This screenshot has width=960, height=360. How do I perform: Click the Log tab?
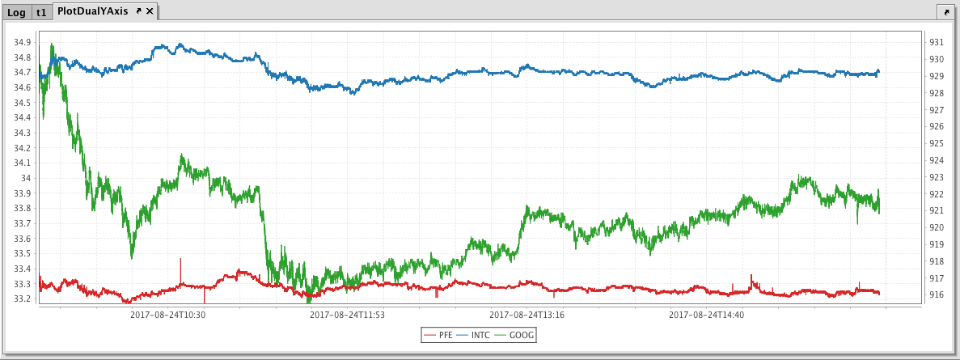[x=16, y=12]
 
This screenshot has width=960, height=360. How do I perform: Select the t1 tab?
[x=41, y=12]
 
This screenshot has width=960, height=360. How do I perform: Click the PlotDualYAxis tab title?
[x=93, y=11]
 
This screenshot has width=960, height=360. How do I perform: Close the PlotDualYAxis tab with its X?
[x=150, y=11]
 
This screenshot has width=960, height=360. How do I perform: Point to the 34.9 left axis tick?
[x=23, y=42]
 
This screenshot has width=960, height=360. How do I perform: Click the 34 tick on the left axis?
[x=27, y=178]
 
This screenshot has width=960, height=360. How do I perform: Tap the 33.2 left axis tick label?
[x=23, y=299]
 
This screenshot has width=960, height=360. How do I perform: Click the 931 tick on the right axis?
[x=936, y=42]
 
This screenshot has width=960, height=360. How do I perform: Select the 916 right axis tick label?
[x=936, y=295]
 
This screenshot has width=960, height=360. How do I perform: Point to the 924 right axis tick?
[x=936, y=160]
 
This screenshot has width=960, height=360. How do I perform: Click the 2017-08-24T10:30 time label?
[x=167, y=315]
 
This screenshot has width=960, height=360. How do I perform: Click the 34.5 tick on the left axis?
[x=23, y=103]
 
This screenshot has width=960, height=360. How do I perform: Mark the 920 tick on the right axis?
[x=936, y=228]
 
